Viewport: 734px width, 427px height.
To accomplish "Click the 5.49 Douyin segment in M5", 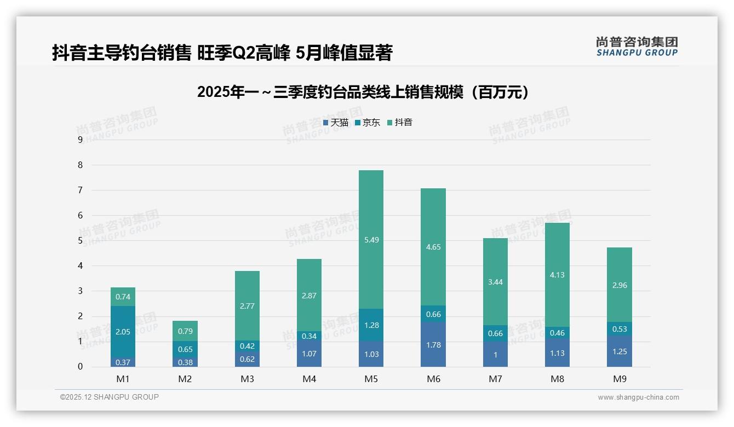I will click(x=371, y=239).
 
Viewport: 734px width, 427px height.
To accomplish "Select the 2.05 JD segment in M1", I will click(x=123, y=332).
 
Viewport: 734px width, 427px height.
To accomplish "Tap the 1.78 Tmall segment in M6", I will click(x=433, y=344).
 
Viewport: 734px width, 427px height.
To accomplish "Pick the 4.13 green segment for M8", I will click(x=557, y=275).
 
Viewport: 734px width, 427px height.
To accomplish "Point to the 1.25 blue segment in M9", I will click(x=619, y=351).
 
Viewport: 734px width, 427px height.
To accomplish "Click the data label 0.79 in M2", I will click(x=185, y=331).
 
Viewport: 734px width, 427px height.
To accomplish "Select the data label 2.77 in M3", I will click(x=247, y=306).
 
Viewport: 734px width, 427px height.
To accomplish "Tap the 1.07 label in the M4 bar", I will click(x=309, y=354).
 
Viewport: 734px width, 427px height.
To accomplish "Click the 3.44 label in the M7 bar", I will click(x=495, y=282).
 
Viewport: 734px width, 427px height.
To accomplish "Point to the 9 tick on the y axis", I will click(x=81, y=140).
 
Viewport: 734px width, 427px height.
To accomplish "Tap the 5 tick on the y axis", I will click(x=81, y=240).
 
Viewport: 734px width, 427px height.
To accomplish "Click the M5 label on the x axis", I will click(x=371, y=379).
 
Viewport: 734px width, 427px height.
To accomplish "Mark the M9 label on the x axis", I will click(x=619, y=379).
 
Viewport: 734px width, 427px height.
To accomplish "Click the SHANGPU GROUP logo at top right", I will click(x=636, y=47).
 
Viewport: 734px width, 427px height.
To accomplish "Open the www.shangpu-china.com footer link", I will click(x=638, y=397).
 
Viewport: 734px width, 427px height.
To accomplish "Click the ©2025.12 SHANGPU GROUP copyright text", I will click(x=110, y=397).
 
